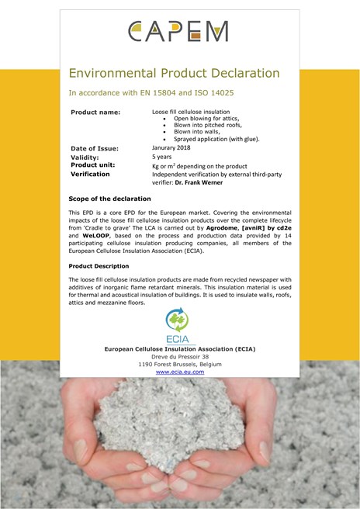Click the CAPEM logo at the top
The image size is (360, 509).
tap(179, 31)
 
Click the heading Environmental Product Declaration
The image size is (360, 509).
tap(174, 74)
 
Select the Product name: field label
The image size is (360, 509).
tap(95, 113)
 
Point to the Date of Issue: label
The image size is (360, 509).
tap(97, 147)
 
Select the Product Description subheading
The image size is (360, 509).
tap(101, 266)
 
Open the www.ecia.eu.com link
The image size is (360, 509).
tap(180, 372)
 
